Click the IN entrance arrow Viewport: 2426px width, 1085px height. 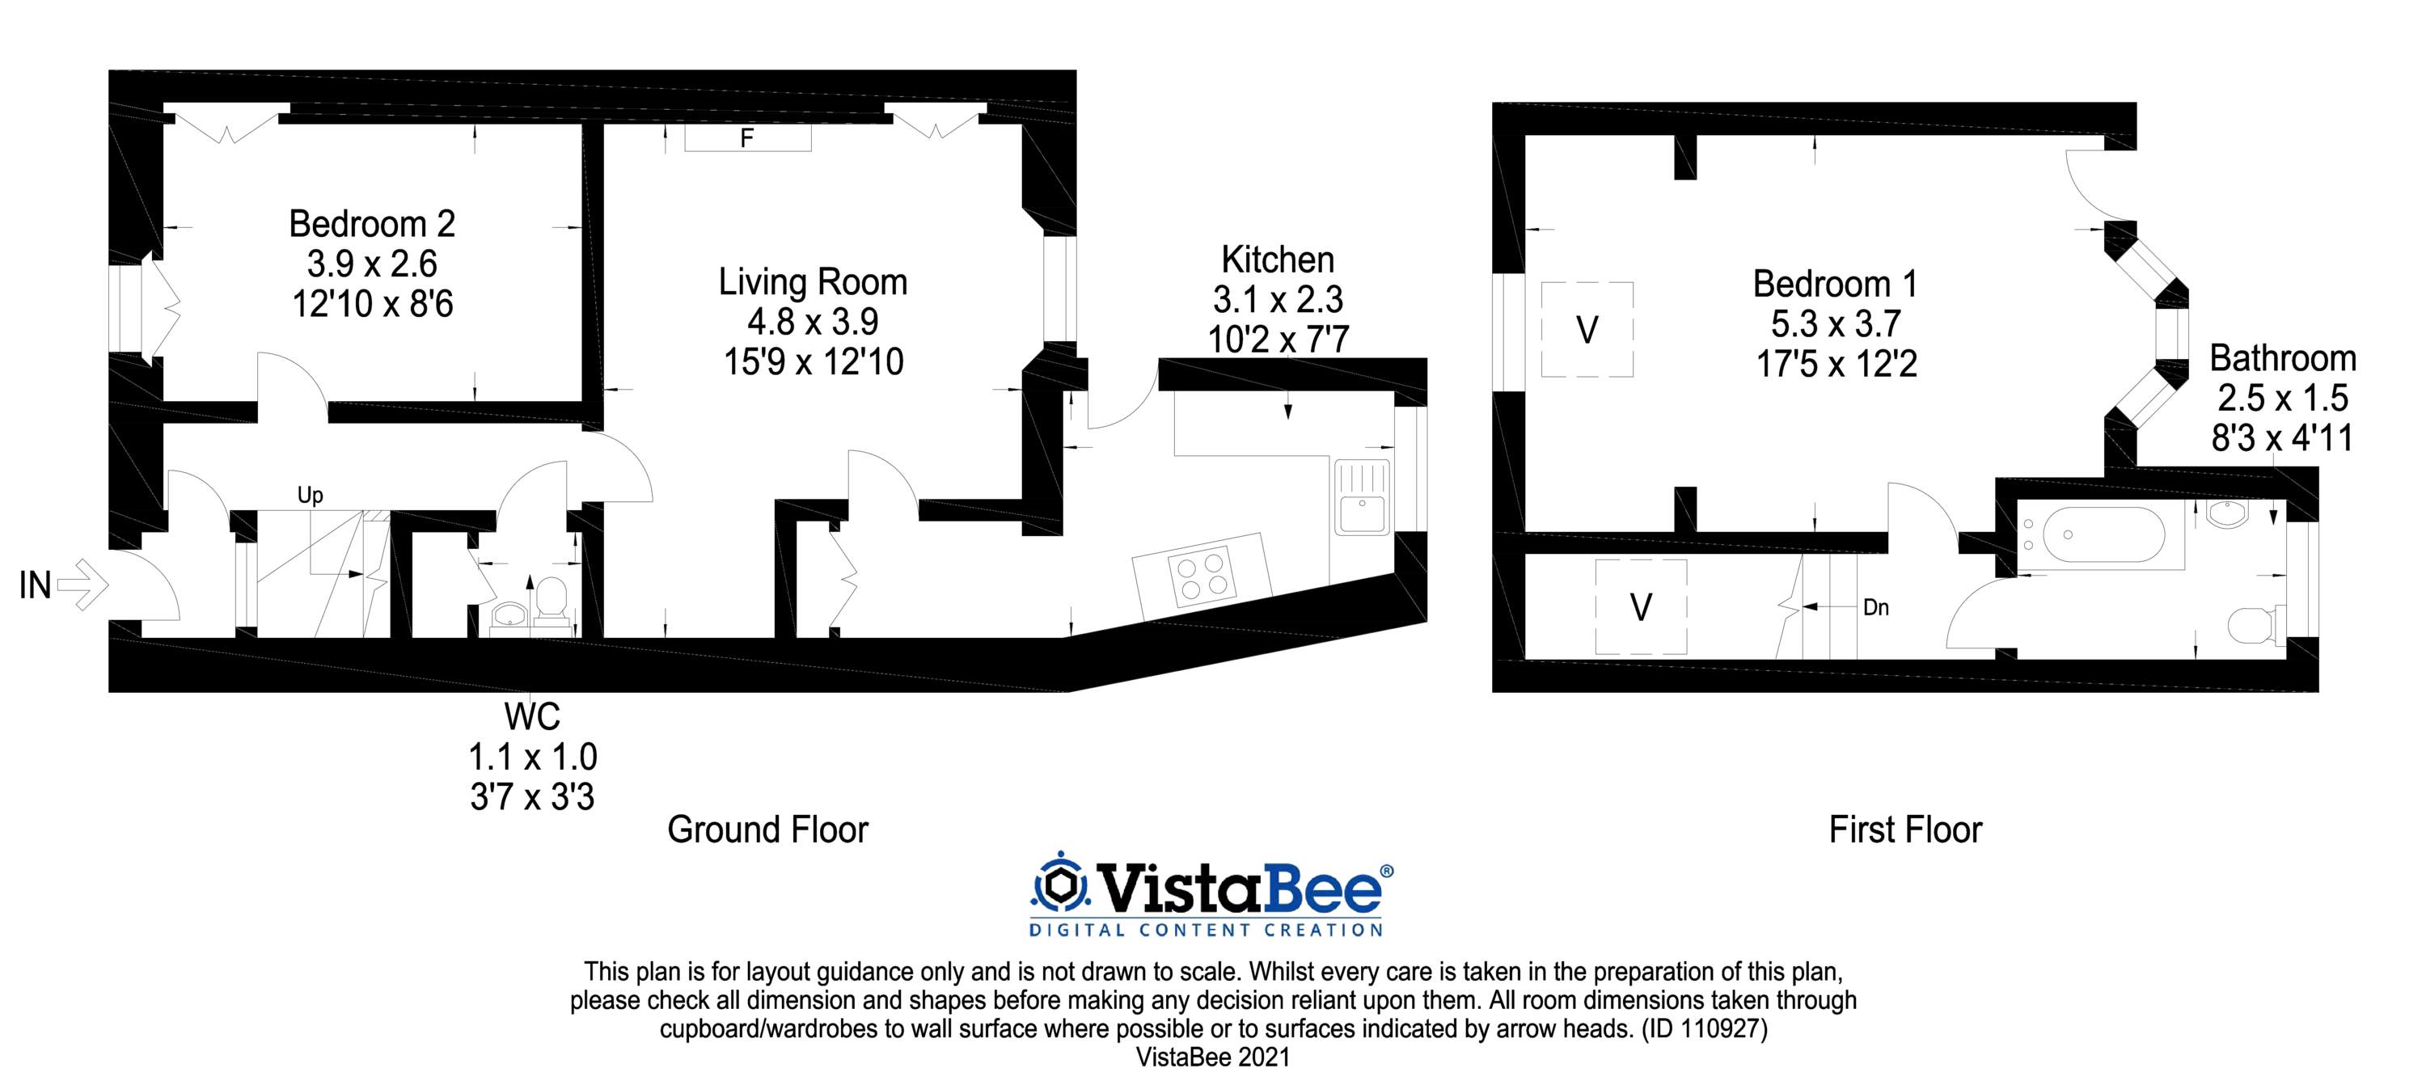(x=82, y=585)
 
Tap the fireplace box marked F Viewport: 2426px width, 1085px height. (x=748, y=138)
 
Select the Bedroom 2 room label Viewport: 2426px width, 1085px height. (x=372, y=223)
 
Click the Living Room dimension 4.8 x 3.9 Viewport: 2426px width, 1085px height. (x=813, y=322)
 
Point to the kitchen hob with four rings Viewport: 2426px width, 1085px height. (x=1201, y=573)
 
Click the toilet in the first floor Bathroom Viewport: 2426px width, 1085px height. (x=2255, y=623)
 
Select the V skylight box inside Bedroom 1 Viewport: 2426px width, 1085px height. (x=1587, y=330)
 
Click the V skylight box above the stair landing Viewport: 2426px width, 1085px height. (x=1641, y=606)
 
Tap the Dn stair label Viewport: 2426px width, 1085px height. (x=1876, y=607)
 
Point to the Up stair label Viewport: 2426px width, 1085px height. (x=310, y=496)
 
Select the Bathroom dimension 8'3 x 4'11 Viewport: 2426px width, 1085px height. (x=2283, y=438)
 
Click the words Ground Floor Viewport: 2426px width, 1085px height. (x=767, y=830)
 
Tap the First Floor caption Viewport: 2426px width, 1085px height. (x=1905, y=830)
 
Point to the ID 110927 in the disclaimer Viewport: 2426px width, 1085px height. (x=1705, y=1029)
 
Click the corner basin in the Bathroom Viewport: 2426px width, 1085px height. (x=2226, y=513)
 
